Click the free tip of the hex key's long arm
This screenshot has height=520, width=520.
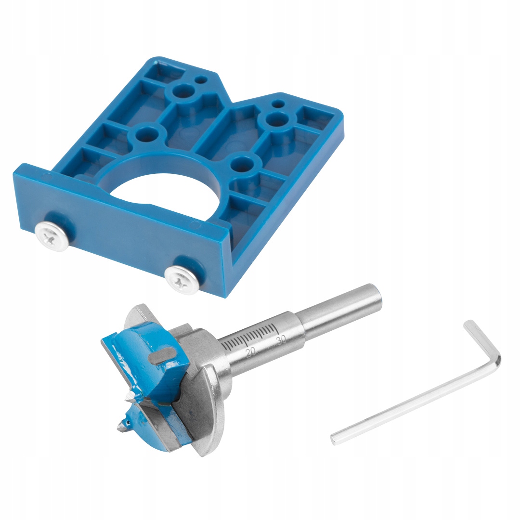coord(334,440)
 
